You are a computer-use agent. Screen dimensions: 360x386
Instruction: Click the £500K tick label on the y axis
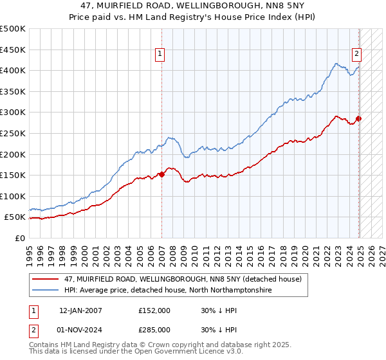pyautogui.click(x=13, y=29)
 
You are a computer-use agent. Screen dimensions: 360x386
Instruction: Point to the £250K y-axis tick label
pyautogui.click(x=13, y=133)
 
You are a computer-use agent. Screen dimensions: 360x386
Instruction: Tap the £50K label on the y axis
pyautogui.click(x=15, y=217)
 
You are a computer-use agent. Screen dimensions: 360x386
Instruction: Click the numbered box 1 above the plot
pyautogui.click(x=159, y=55)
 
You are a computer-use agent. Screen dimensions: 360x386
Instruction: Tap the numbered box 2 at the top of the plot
pyautogui.click(x=356, y=55)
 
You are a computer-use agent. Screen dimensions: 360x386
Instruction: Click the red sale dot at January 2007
pyautogui.click(x=161, y=174)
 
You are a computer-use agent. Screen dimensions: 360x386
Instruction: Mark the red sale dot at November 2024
pyautogui.click(x=359, y=119)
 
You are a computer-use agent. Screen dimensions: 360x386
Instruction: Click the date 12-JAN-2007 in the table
pyautogui.click(x=80, y=310)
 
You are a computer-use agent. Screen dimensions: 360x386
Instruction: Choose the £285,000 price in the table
pyautogui.click(x=154, y=329)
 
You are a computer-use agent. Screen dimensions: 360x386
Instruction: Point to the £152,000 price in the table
pyautogui.click(x=154, y=310)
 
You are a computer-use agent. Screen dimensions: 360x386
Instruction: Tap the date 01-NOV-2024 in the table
pyautogui.click(x=80, y=329)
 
